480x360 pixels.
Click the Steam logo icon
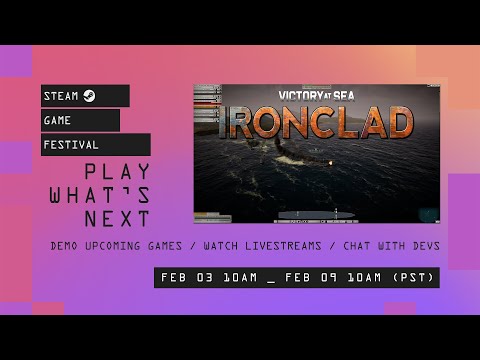[89, 96]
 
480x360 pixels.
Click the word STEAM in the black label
[62, 96]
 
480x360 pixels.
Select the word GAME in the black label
[58, 120]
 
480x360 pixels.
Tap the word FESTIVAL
[71, 145]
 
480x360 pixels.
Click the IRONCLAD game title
[317, 123]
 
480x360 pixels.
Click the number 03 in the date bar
[204, 277]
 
